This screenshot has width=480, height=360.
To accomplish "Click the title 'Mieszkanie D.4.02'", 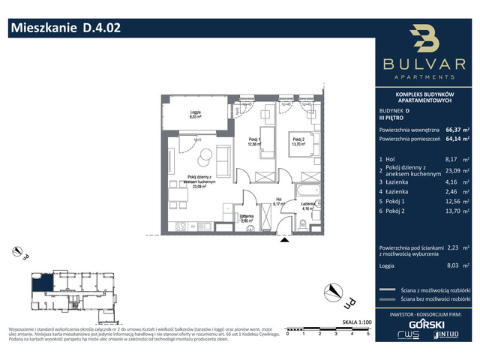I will click(64, 28).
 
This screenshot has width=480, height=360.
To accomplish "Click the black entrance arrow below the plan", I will click(283, 240).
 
